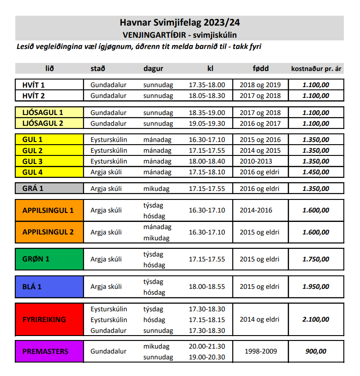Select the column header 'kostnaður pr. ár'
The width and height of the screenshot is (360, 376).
click(x=317, y=69)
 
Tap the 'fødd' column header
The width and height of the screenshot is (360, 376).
click(x=260, y=69)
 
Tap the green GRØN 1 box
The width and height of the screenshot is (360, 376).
click(x=49, y=259)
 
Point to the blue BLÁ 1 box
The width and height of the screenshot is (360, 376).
click(x=49, y=287)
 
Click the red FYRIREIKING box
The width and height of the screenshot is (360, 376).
click(x=49, y=319)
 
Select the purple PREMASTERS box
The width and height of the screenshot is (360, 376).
click(x=49, y=351)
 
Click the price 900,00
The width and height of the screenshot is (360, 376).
click(x=316, y=351)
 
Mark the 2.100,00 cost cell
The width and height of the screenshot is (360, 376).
click(x=316, y=319)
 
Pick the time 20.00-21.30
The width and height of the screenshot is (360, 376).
click(x=207, y=346)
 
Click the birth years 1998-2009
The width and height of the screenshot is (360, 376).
click(x=260, y=351)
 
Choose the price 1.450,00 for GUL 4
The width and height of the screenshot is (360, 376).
click(x=316, y=172)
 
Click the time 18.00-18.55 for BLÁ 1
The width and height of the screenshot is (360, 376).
click(x=207, y=287)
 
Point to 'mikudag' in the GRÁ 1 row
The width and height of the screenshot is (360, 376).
click(x=157, y=189)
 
